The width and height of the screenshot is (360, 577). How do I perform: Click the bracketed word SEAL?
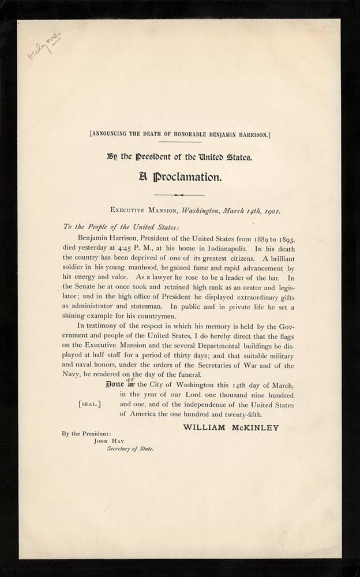pos(89,404)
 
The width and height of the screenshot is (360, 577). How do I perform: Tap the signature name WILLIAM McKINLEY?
pos(231,428)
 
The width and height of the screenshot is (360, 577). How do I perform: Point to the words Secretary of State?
pos(130,448)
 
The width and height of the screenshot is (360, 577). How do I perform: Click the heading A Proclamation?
pos(179,177)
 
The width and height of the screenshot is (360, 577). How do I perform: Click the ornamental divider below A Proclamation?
pos(179,195)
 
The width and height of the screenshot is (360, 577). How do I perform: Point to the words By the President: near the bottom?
pos(87,433)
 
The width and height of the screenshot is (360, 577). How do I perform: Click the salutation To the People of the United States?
pos(113,226)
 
